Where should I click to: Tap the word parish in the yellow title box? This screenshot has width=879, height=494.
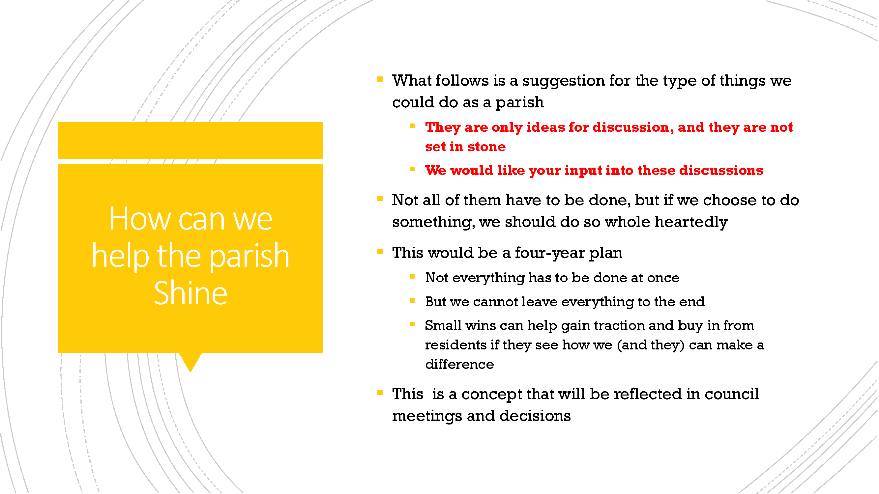(249, 256)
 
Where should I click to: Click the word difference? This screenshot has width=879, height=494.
(459, 364)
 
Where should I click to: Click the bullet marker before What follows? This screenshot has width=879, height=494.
(380, 79)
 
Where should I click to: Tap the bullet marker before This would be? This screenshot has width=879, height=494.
(380, 252)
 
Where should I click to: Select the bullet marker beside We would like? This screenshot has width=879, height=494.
(412, 169)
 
